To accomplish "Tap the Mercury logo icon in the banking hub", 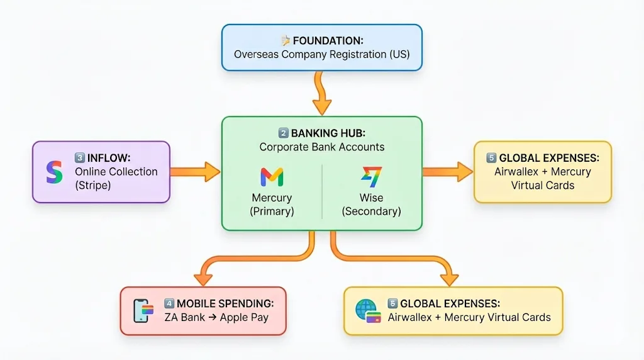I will click(272, 177).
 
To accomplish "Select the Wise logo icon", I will click(371, 177).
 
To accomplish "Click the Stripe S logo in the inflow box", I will click(55, 172).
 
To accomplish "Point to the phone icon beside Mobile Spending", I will click(143, 310).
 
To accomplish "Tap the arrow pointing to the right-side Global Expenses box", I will click(447, 171).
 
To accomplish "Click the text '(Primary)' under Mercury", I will click(272, 211).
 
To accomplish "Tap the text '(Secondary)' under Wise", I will click(371, 211).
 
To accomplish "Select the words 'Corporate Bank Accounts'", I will click(321, 147).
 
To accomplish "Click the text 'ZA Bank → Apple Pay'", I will click(216, 317).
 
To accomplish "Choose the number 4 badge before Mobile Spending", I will click(169, 303).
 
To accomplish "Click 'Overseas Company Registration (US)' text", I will click(321, 55).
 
